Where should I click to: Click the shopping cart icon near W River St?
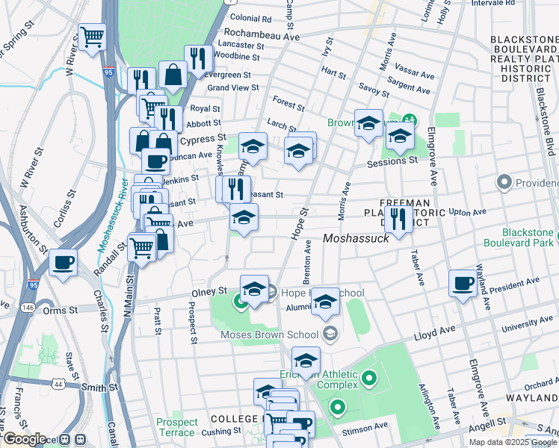click(92, 36)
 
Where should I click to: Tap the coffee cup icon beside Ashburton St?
click(64, 263)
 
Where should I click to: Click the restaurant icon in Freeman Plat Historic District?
click(398, 219)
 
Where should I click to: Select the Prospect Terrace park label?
click(177, 427)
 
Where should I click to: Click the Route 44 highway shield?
click(58, 383)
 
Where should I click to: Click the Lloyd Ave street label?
click(430, 329)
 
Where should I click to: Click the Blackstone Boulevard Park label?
click(518, 238)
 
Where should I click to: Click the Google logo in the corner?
click(24, 439)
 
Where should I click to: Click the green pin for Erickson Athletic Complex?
click(368, 379)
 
